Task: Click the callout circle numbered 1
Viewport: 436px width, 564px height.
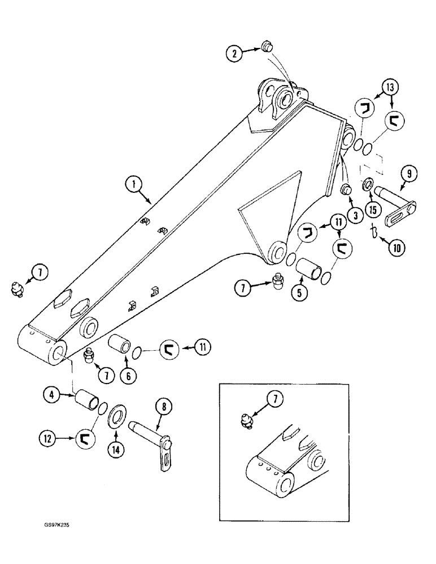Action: [134, 184]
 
